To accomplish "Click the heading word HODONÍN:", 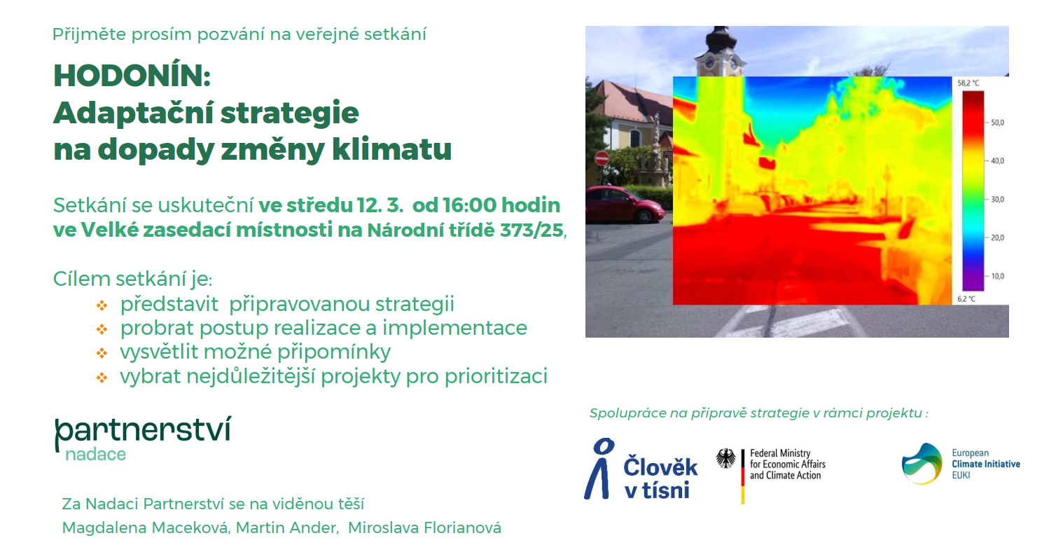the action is pos(132,75).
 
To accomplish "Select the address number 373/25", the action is pos(531,230).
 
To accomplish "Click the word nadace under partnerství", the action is pos(96,454).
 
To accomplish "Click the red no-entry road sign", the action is pos(602,158).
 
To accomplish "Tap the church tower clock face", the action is pos(709,62).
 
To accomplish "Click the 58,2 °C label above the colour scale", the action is pos(968,83).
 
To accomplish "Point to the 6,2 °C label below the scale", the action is pos(966,298).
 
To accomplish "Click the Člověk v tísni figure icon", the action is pos(599,468).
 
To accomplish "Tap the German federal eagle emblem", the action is pos(726,458).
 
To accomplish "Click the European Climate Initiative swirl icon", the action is pos(922,464).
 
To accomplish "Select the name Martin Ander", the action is pos(286,527).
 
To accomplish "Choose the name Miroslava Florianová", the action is pos(424,527).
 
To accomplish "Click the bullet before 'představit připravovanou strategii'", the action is pos(102,305).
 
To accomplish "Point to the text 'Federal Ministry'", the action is pos(779,453).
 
